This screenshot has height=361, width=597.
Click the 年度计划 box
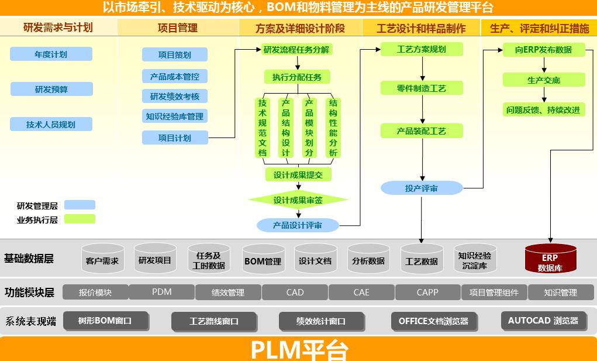[51, 54]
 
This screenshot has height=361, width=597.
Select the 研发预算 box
[51, 89]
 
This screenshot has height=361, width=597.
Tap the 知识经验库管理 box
[175, 116]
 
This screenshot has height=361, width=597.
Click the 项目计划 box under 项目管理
[175, 138]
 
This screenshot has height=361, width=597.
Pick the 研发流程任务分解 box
[296, 50]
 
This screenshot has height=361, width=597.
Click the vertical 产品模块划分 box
[309, 128]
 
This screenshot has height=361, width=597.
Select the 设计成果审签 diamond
[298, 200]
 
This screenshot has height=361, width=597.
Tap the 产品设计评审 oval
[298, 225]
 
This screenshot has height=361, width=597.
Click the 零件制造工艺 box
[422, 88]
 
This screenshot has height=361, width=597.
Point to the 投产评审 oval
[422, 188]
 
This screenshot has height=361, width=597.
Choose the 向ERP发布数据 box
[544, 50]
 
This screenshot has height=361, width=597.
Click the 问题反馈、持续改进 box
[544, 109]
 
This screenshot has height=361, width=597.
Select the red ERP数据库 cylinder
[550, 259]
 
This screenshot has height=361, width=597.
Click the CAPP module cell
[428, 292]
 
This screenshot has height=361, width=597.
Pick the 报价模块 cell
[95, 292]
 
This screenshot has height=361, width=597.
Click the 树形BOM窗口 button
[105, 321]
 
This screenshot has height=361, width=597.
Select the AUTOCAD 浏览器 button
[543, 321]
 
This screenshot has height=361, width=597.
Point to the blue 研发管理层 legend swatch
[80, 205]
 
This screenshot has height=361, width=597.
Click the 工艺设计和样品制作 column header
[422, 28]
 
